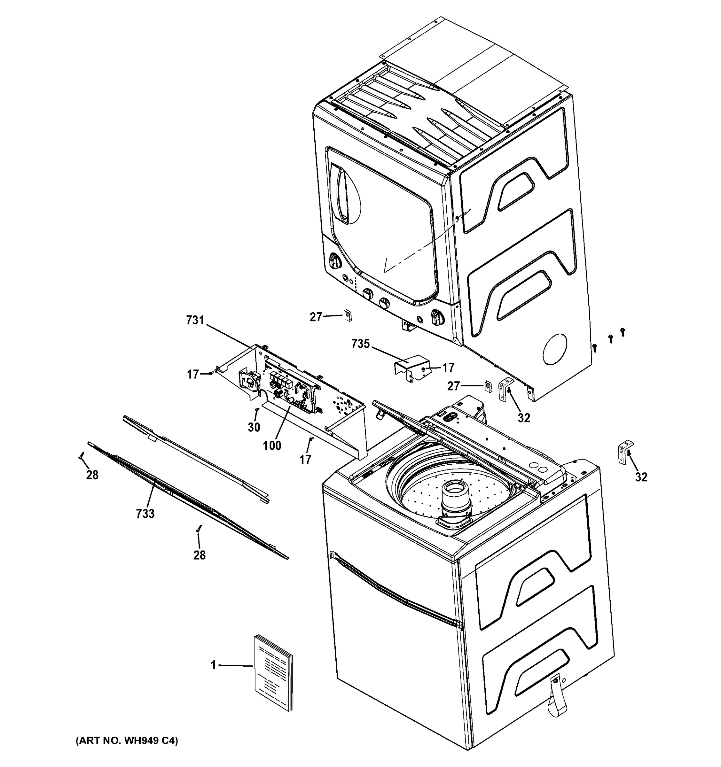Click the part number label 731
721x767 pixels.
click(x=195, y=320)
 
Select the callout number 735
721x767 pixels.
click(x=361, y=344)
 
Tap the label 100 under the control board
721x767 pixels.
click(x=272, y=445)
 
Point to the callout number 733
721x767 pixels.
click(x=145, y=514)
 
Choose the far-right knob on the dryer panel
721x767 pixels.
click(x=438, y=317)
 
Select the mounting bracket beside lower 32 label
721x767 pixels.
click(x=624, y=454)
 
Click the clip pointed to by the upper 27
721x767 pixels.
click(x=347, y=316)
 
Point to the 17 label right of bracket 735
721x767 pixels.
click(x=448, y=367)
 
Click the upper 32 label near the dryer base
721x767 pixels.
click(x=524, y=417)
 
